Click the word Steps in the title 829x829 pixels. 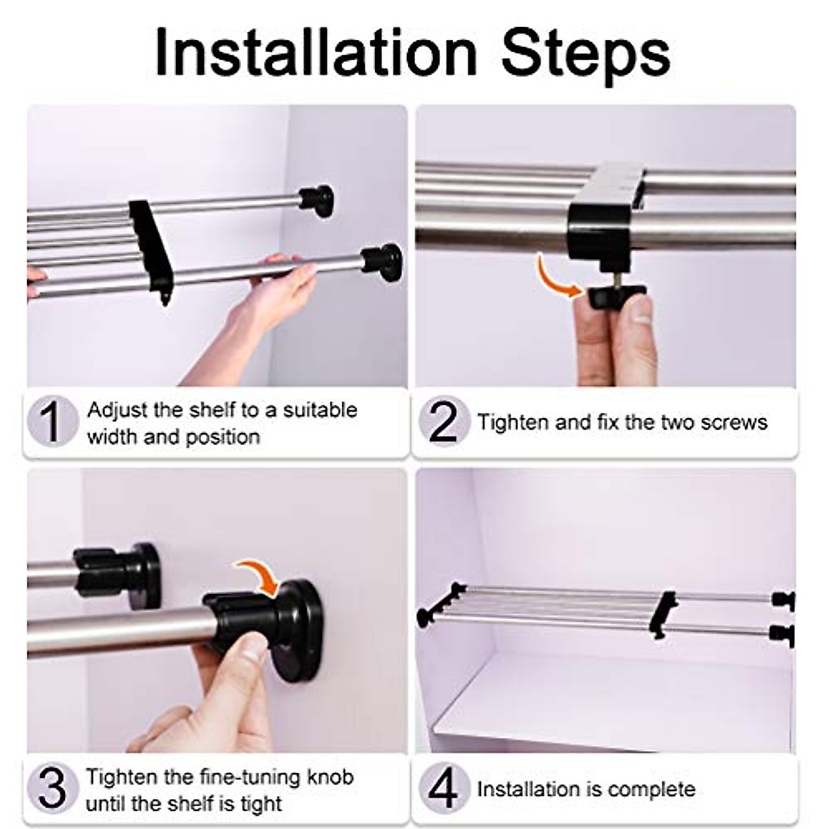click(586, 57)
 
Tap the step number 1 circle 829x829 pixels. click(53, 421)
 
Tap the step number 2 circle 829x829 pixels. click(444, 421)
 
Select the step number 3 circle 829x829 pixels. click(53, 788)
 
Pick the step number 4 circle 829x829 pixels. click(444, 788)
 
